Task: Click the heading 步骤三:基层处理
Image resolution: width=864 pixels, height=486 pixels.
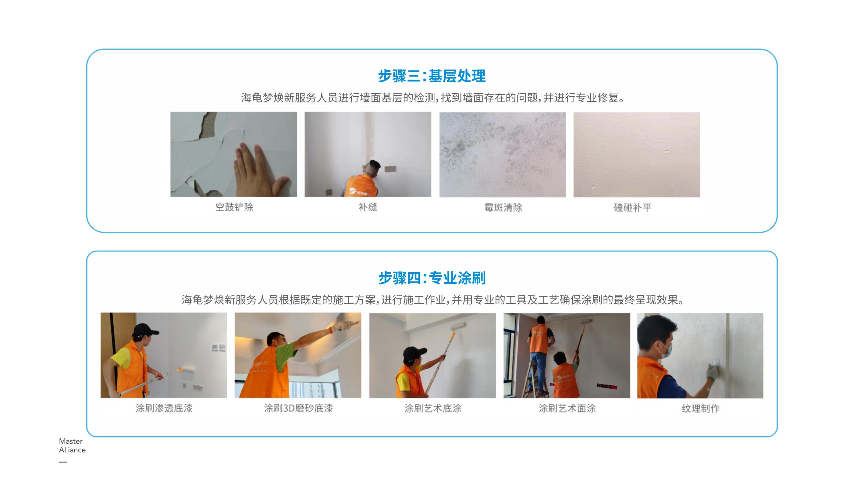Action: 432,76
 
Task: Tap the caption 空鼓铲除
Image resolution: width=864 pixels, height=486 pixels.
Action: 234,207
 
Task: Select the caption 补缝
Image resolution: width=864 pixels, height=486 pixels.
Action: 368,207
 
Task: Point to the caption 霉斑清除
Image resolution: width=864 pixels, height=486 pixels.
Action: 503,208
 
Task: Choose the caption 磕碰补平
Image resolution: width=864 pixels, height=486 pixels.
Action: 633,208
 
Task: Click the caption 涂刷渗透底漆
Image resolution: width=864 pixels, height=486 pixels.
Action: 164,408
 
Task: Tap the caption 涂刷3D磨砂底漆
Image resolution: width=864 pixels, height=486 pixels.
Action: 298,408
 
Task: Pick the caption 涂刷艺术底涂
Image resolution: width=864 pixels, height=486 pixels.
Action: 433,408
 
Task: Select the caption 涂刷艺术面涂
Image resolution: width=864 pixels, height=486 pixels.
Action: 567,408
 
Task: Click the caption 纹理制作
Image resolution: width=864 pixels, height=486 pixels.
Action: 701,409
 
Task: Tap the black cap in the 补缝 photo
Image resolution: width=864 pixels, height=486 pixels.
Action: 373,164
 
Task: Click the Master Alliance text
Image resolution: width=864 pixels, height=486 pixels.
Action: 72,445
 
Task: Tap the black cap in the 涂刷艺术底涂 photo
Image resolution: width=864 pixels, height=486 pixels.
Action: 414,353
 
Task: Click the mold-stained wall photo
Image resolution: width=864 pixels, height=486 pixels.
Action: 503,154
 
